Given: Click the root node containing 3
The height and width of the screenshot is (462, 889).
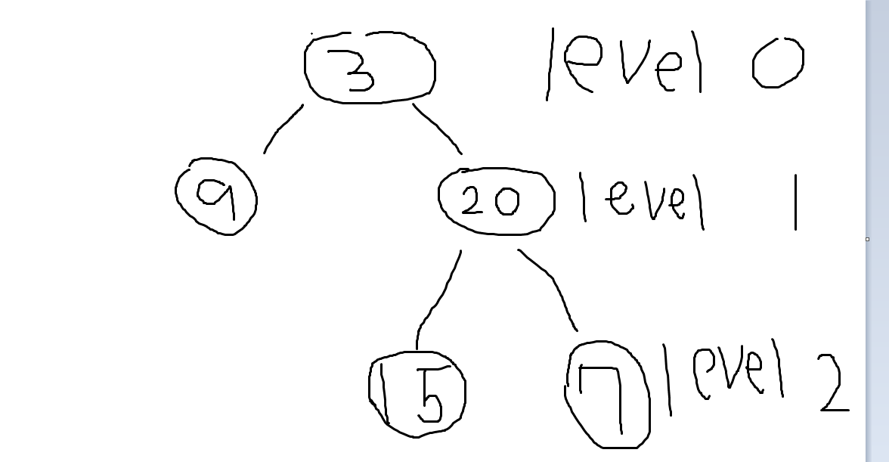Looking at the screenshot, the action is (x=370, y=68).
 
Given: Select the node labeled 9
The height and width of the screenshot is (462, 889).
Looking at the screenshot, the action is (x=215, y=196).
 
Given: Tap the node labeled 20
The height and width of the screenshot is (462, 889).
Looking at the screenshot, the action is (x=496, y=200).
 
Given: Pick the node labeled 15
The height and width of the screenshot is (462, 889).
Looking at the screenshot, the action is (x=417, y=394).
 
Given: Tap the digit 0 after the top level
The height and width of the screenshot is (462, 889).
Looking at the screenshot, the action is (x=778, y=64).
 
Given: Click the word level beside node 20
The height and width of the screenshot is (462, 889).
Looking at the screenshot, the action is (x=643, y=198).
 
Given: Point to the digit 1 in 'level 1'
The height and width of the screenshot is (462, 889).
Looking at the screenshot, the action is (x=795, y=200).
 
